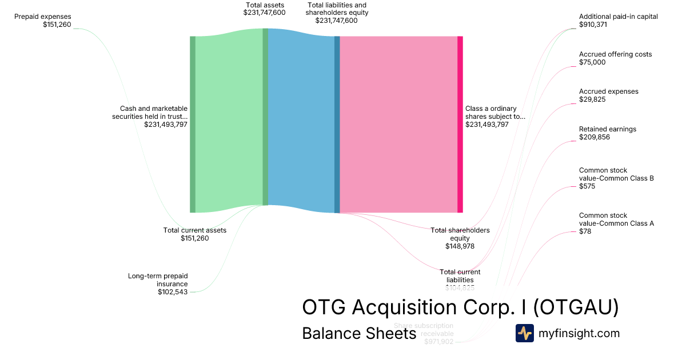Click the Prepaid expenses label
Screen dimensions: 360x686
(x=43, y=17)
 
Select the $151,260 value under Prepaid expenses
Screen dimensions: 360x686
(x=57, y=25)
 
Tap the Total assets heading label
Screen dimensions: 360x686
(x=265, y=5)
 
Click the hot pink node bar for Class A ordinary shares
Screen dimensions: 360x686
(x=460, y=124)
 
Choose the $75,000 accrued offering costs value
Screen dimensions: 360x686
(x=592, y=62)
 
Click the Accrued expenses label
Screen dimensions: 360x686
(x=608, y=91)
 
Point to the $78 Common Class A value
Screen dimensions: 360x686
(x=585, y=231)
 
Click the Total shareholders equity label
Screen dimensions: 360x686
(x=460, y=234)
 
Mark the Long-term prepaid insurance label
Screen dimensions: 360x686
(x=158, y=280)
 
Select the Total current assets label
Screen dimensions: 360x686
(x=195, y=230)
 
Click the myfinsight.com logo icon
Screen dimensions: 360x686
(x=524, y=333)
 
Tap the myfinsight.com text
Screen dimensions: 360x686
(x=579, y=333)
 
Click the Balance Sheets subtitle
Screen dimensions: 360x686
(x=358, y=333)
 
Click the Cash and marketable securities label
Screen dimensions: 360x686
(x=154, y=112)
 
